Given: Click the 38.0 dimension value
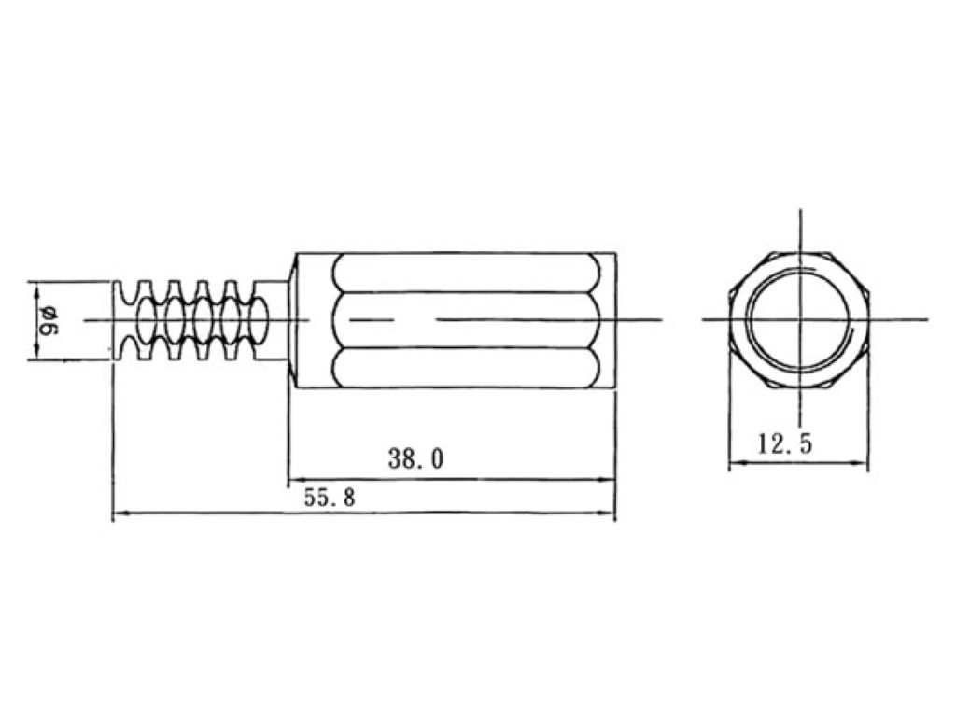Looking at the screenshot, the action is pos(415,458).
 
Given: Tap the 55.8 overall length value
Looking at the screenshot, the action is pos(330,499).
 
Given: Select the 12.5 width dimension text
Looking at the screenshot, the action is pos(785,443).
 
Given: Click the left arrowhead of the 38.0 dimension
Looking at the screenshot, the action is pos(295,479).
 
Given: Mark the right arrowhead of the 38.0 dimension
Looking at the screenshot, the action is pos(608,479).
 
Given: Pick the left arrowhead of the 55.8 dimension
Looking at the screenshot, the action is pos(120,513).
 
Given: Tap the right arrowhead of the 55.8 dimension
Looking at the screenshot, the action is pos(608,513).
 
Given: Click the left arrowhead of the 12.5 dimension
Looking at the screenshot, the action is pos(738,463).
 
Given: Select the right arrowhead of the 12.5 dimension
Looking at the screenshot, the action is pos(860,463).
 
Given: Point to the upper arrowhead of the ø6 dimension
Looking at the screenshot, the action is pos(37,289).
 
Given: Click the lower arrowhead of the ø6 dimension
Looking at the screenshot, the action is pos(37,352).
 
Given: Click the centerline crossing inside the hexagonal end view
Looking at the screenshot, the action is pos(800,319).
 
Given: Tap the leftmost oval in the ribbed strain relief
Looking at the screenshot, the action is pos(146,320).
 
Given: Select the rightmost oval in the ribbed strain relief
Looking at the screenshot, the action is pos(259,320).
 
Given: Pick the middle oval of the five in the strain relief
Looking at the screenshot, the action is pos(203,320).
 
